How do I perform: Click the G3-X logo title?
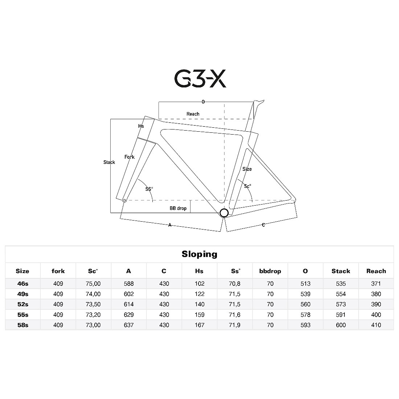coord(200,78)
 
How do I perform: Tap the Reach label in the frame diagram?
coord(193,114)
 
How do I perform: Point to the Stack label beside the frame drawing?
coord(109,162)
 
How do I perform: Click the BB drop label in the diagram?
coord(178,208)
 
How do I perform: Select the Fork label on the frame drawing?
coord(129,157)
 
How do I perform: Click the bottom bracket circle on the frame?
coord(224,213)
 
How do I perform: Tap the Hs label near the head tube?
coord(141,126)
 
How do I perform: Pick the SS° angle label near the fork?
coord(149,189)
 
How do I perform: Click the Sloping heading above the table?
coord(199,254)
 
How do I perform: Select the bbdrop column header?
coord(270,271)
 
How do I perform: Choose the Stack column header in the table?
coord(341,271)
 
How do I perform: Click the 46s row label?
coord(22,284)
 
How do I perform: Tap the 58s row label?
coord(22,325)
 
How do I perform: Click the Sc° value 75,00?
coord(93,284)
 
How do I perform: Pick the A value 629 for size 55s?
coord(129,315)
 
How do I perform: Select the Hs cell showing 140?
coord(199,304)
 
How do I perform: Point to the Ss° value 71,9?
coord(235,325)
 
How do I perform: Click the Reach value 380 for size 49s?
coord(376,294)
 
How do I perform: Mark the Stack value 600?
coord(341,325)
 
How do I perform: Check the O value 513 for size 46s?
coord(305,284)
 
